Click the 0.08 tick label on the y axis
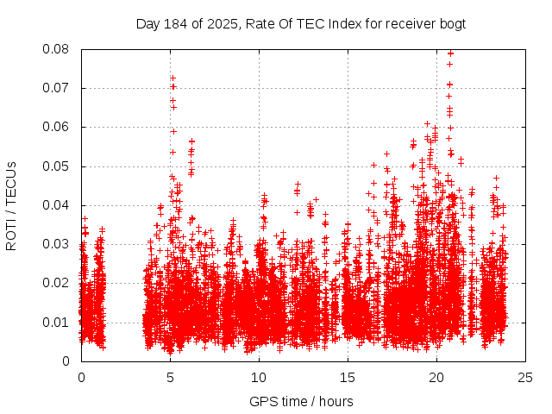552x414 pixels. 58,49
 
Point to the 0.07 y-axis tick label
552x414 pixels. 58,88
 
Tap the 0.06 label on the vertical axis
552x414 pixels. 58,127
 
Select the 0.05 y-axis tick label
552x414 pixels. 58,166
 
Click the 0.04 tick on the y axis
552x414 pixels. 58,205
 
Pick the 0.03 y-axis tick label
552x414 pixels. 58,244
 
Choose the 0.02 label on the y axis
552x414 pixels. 58,283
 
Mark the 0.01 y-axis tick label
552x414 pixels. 58,322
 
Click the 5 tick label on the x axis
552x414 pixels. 170,377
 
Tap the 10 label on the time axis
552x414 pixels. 259,377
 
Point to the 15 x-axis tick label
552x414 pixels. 348,377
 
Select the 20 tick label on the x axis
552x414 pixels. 436,377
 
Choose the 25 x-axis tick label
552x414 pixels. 525,377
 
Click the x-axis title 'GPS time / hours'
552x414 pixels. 301,401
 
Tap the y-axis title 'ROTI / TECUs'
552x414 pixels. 11,205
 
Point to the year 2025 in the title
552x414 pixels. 220,23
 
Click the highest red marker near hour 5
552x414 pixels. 172,78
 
